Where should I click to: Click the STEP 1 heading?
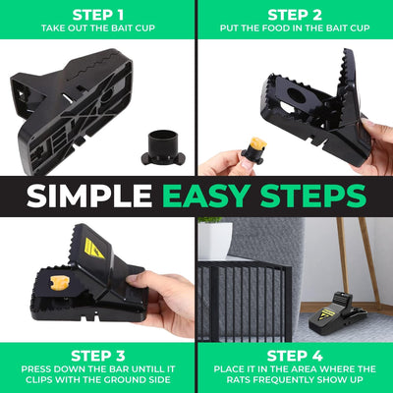pyautogui.click(x=97, y=14)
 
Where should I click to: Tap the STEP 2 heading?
pyautogui.click(x=295, y=14)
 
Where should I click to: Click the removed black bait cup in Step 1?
pyautogui.click(x=159, y=144)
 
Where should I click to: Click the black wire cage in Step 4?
pyautogui.click(x=241, y=295)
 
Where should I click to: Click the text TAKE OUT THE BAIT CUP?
pyautogui.click(x=97, y=29)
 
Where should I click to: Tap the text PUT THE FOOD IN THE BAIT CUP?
pyautogui.click(x=295, y=29)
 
